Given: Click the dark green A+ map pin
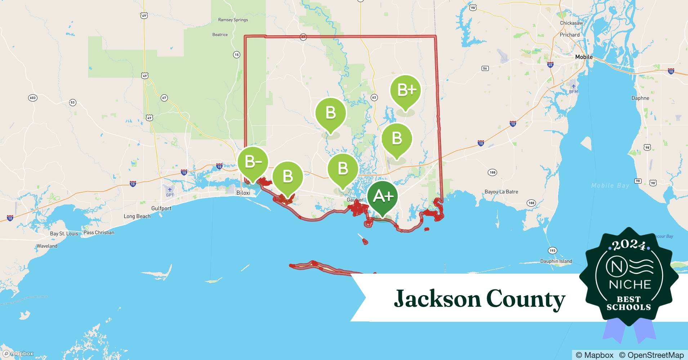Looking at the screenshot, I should (x=383, y=197).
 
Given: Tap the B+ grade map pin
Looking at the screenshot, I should (x=406, y=90).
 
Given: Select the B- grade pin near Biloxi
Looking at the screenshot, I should (x=253, y=162).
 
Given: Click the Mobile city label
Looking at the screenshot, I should (x=584, y=57).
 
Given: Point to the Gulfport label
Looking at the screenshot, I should (x=161, y=208).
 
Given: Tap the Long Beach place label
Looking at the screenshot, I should (x=137, y=216).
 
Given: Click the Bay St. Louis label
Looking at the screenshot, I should (x=64, y=234).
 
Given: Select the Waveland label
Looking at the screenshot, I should (x=47, y=246).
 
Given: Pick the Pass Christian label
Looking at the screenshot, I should (x=99, y=233).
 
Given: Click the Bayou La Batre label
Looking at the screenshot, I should (x=501, y=192).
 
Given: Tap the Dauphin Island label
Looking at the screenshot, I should (x=556, y=261).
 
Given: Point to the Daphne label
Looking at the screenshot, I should (x=640, y=98).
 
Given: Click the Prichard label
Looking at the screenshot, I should (x=570, y=35).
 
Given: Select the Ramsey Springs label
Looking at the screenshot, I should (x=233, y=20).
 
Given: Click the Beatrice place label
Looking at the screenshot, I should (x=220, y=35).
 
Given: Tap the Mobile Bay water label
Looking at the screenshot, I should (x=610, y=185).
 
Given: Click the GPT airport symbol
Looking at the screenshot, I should (x=170, y=190).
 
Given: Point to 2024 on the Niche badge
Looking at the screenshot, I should (x=629, y=246).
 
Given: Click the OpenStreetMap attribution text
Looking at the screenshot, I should (x=651, y=355).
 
